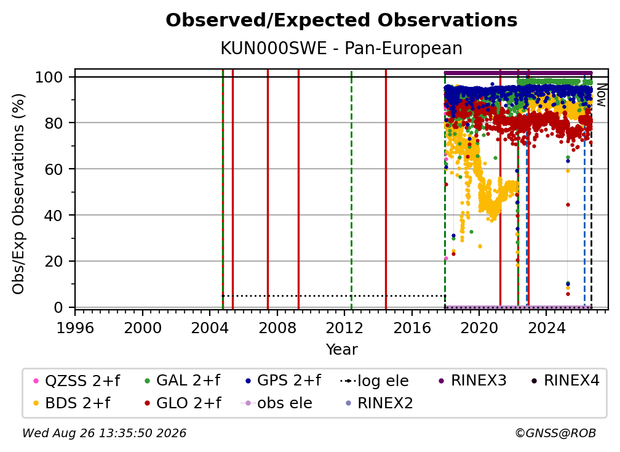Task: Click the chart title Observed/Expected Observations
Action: [x=341, y=20]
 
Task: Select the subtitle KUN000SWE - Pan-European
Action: [x=341, y=48]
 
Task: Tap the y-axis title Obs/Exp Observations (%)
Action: [x=18, y=194]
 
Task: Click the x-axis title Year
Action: [x=341, y=349]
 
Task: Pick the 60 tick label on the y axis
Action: [x=54, y=169]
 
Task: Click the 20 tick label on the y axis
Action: [x=54, y=261]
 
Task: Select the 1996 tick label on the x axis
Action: [x=75, y=328]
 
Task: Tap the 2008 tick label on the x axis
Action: [x=277, y=328]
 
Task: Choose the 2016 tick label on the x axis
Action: [x=412, y=328]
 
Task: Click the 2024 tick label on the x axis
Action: [x=546, y=328]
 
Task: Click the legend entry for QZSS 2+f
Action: [x=76, y=381]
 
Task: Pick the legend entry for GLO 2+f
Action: [x=183, y=403]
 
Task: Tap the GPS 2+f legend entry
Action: [x=283, y=381]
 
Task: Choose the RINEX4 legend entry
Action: [x=566, y=381]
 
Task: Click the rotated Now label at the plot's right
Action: [x=602, y=95]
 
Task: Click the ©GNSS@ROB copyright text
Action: [x=555, y=433]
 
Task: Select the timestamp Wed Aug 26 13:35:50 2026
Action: [x=104, y=433]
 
